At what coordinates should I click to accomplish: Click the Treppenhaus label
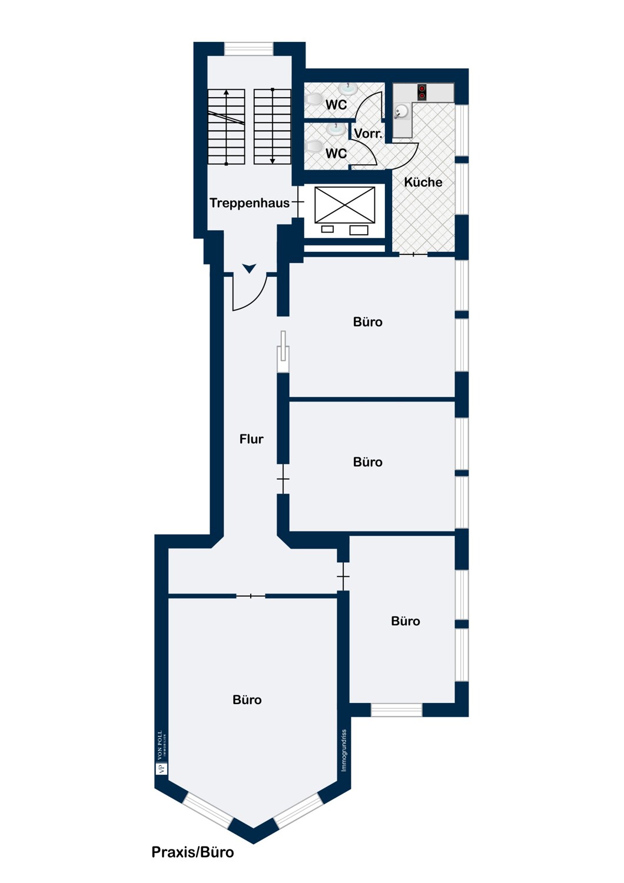click(250, 203)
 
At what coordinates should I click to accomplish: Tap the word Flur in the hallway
click(251, 439)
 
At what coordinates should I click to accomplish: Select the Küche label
click(423, 182)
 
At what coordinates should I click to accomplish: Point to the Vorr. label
click(368, 134)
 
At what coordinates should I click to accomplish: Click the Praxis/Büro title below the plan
click(192, 852)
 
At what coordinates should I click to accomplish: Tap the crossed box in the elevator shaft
click(345, 205)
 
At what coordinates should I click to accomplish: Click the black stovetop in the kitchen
click(422, 92)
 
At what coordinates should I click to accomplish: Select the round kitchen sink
click(403, 111)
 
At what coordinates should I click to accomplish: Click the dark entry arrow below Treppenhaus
click(249, 268)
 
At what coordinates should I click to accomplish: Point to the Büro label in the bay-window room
click(247, 700)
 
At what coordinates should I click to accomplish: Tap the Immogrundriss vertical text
click(344, 751)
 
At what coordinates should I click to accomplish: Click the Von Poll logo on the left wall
click(161, 753)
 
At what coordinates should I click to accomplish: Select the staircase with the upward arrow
click(226, 127)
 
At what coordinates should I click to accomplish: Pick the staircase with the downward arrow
click(273, 127)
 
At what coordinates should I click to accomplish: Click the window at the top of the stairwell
click(249, 49)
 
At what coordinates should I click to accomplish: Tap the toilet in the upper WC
click(314, 99)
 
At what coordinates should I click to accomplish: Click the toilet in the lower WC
click(314, 145)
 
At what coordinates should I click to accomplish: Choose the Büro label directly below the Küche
click(368, 322)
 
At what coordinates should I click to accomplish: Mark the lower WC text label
click(336, 154)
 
